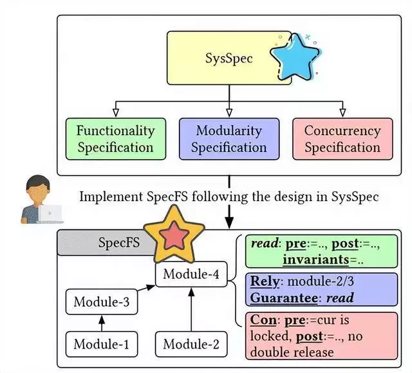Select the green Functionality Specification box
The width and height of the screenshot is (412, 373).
coord(115,139)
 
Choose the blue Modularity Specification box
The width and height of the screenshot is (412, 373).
coord(229,139)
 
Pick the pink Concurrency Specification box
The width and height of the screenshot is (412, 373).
coord(342,139)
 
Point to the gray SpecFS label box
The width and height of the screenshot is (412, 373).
coord(103,243)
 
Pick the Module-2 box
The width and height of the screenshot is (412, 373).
coord(191,344)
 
